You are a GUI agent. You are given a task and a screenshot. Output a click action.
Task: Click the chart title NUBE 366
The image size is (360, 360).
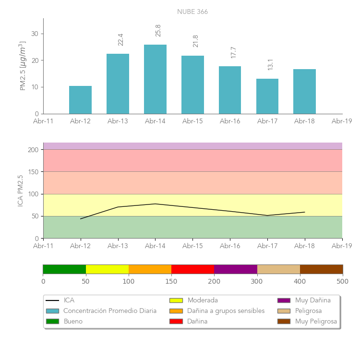(x=192, y=12)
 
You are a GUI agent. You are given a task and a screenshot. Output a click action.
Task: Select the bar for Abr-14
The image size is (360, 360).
(x=155, y=79)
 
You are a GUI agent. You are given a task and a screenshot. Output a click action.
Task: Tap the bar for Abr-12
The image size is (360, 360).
(x=80, y=100)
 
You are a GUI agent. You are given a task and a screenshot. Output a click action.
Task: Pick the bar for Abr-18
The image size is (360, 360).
(x=304, y=91)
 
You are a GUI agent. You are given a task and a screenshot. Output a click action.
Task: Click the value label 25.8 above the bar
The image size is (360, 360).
(x=158, y=31)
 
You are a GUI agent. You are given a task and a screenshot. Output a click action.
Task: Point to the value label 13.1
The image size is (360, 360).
(x=270, y=64)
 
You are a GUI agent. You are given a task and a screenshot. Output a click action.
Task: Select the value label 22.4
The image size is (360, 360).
(x=120, y=39)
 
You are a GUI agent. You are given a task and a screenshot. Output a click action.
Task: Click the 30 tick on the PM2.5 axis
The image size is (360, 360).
(x=35, y=34)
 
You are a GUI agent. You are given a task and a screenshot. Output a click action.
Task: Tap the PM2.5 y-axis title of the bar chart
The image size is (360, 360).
(x=22, y=66)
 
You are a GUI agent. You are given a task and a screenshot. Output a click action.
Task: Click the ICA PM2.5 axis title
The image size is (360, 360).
(x=20, y=191)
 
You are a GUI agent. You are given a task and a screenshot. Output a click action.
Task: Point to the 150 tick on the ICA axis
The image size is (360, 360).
(x=33, y=172)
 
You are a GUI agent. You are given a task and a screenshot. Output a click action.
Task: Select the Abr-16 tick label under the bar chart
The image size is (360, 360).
(x=230, y=121)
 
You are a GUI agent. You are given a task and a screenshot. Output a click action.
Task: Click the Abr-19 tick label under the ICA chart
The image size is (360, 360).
(x=342, y=246)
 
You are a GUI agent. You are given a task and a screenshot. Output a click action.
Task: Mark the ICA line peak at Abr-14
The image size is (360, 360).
(x=155, y=204)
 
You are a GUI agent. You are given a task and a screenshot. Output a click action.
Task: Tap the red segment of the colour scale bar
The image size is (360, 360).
(x=192, y=269)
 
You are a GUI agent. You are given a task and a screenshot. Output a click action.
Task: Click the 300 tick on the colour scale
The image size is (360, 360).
(x=257, y=281)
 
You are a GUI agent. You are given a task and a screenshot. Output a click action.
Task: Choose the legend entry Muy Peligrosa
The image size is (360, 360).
(x=316, y=322)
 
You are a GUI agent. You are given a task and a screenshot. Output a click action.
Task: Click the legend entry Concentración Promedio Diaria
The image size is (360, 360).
(x=110, y=311)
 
